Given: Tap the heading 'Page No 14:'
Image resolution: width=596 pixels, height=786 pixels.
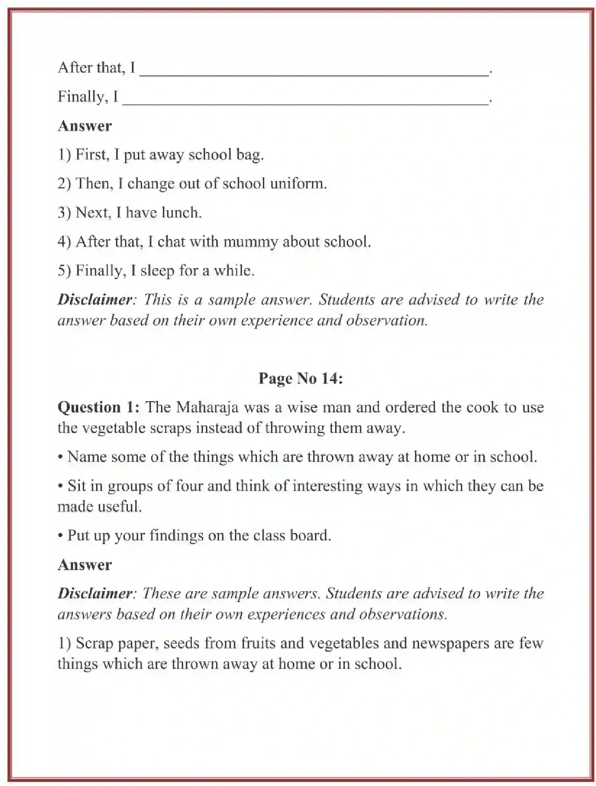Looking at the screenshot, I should tap(301, 378).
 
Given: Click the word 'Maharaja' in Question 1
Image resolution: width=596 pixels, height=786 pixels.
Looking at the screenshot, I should tap(207, 407).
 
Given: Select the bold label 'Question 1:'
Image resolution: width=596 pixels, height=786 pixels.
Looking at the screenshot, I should tap(99, 407).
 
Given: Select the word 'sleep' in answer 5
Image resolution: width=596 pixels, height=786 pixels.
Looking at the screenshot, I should tap(157, 271).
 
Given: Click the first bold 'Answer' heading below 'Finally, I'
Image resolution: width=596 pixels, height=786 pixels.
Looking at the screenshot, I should tap(84, 126).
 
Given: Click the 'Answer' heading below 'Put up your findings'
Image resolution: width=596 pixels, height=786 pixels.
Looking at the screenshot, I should tap(84, 565).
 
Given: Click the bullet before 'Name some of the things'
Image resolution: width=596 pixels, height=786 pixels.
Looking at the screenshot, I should tap(60, 457).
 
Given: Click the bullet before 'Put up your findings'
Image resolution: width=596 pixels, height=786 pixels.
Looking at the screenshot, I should tap(60, 536).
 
